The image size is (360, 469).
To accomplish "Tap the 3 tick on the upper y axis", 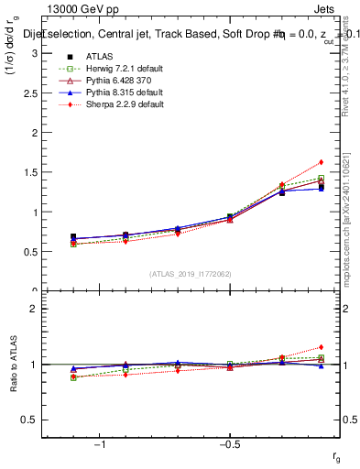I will coord(37,53).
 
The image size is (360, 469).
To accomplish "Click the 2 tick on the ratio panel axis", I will coord(37,310).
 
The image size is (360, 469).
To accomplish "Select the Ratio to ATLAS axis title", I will coord(14,364).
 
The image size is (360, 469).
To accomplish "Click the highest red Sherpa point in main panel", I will coord(321,162).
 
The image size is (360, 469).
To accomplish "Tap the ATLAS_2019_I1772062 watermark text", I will coord(191,273).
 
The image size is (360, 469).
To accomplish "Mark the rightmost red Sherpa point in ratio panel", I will coord(321,347).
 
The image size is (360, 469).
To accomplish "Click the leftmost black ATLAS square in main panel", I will coord(73,236).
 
